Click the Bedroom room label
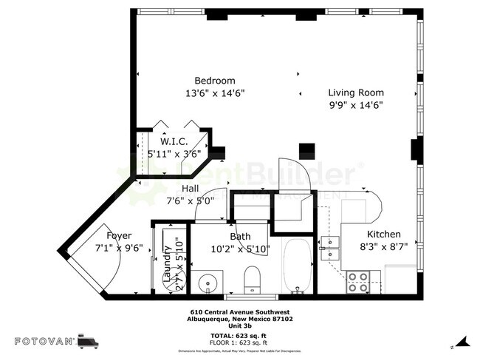[x=214, y=81]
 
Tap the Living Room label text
[x=356, y=92]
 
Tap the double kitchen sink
[x=330, y=248]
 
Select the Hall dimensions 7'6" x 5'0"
[x=190, y=200]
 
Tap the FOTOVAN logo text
[x=44, y=341]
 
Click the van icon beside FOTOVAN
[x=88, y=341]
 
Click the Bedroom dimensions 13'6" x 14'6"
[x=214, y=93]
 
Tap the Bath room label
[x=241, y=236]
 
